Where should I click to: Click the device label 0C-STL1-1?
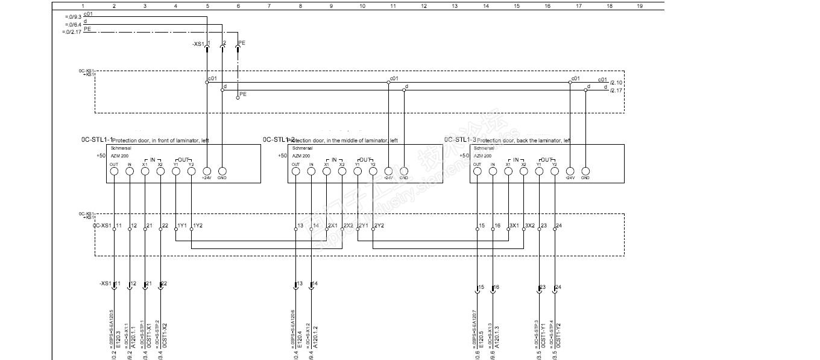[x=96, y=139]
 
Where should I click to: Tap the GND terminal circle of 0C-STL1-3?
[x=585, y=171]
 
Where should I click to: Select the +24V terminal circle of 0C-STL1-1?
[x=207, y=171]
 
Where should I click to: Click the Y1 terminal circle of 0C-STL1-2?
[x=358, y=171]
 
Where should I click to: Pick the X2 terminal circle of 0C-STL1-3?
[x=523, y=171]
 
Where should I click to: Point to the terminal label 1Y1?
[x=181, y=226]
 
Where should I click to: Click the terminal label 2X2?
[x=348, y=226]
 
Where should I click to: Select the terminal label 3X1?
[x=514, y=226]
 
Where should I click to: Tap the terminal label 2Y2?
[x=379, y=226]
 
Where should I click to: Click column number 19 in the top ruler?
[x=640, y=5]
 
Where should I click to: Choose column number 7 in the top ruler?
[x=269, y=5]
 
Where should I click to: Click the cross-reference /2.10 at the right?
[x=616, y=83]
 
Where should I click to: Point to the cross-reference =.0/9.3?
[x=72, y=17]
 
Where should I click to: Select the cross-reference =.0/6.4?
[x=72, y=24]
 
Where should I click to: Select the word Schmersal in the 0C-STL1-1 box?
[x=119, y=148]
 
